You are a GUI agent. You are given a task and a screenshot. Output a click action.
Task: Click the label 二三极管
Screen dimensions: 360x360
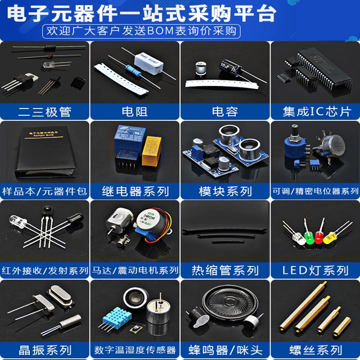point(44,111)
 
